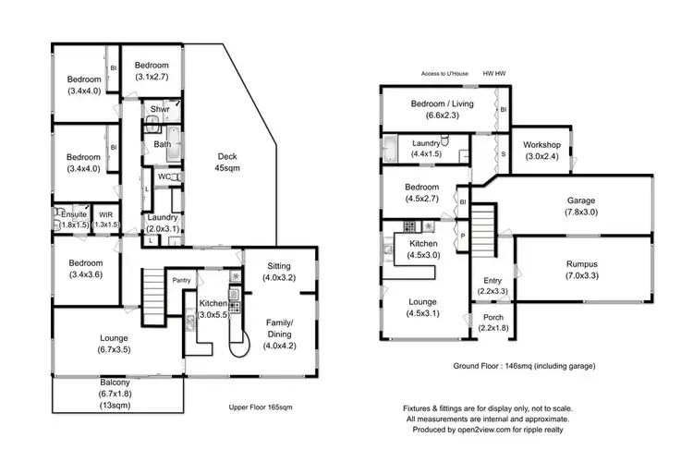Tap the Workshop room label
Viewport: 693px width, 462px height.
tap(541, 151)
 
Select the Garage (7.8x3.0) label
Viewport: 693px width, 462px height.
tap(581, 206)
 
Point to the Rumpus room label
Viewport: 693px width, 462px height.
tap(581, 269)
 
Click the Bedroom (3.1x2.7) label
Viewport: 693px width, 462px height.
tap(151, 70)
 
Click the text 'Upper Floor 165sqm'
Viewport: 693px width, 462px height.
tap(267, 407)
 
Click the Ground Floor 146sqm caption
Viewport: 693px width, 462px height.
tap(524, 366)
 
